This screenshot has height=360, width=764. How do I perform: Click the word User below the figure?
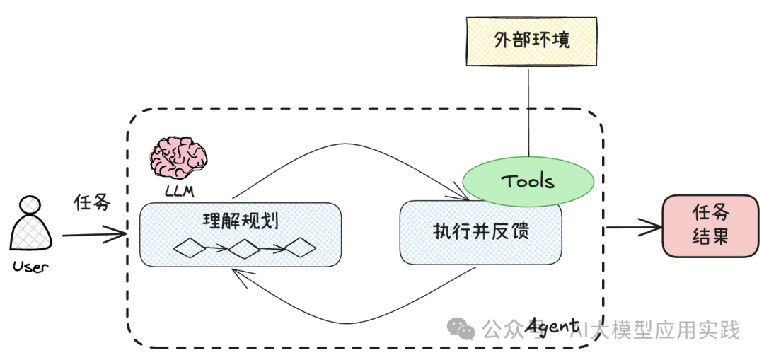click(x=30, y=267)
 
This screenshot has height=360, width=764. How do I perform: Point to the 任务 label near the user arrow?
click(x=93, y=203)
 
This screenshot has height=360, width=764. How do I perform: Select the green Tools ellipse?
click(x=528, y=181)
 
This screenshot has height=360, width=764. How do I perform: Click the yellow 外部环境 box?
click(x=531, y=40)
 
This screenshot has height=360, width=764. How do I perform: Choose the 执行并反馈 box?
click(x=481, y=232)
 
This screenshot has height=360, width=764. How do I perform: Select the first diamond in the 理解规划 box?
click(x=190, y=248)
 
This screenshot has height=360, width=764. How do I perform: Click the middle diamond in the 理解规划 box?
click(x=245, y=248)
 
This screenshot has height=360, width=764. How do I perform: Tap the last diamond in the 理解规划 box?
click(x=299, y=248)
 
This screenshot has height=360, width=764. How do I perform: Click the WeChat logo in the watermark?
click(x=463, y=329)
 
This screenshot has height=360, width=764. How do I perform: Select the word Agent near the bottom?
click(x=552, y=326)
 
